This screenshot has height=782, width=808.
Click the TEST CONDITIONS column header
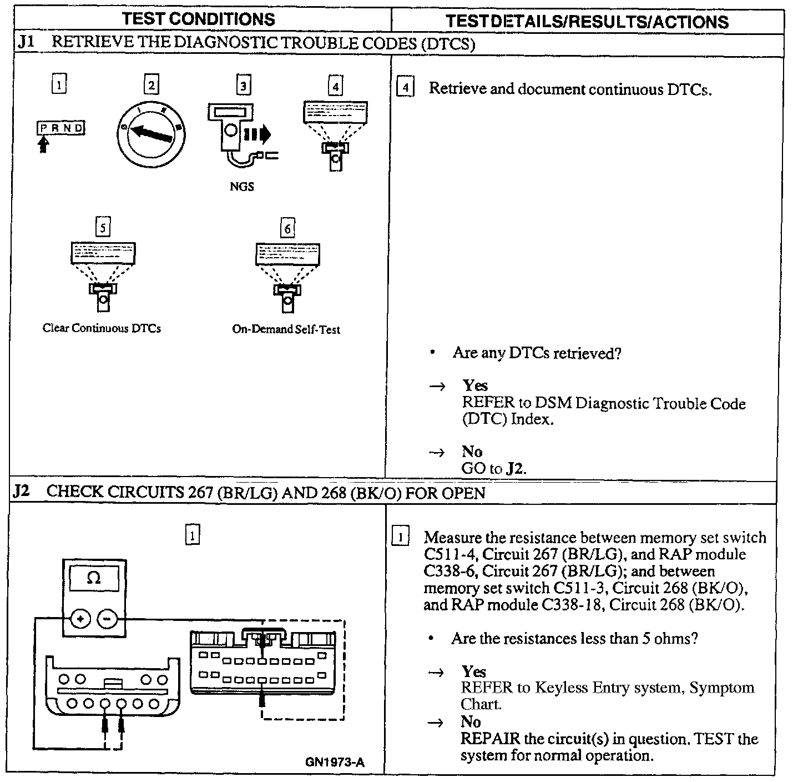click(199, 19)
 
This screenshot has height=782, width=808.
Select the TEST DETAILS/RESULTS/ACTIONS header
click(587, 21)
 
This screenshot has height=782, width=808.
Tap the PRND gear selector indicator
click(61, 128)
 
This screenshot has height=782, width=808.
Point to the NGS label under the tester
click(241, 187)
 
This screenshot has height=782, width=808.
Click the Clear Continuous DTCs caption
click(102, 328)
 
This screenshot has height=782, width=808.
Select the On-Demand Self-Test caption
click(286, 329)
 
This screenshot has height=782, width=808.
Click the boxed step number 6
click(287, 228)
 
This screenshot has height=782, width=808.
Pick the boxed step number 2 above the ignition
click(151, 86)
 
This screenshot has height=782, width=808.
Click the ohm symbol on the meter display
click(94, 579)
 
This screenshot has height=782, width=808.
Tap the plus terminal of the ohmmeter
click(81, 618)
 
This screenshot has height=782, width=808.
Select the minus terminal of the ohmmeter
click(108, 618)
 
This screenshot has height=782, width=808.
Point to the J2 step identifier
click(21, 492)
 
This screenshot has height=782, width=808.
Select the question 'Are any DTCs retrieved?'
click(536, 353)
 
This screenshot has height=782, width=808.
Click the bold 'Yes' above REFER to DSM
click(474, 385)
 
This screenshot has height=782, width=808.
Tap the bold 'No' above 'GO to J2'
click(472, 452)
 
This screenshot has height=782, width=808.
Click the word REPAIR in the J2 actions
click(490, 739)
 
